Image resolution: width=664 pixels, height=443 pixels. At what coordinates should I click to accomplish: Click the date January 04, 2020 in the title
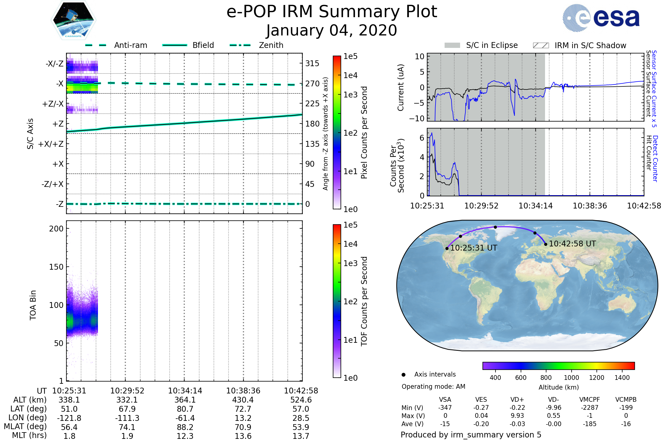pyautogui.click(x=332, y=30)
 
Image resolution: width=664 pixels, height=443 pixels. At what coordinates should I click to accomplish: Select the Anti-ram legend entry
pyautogui.click(x=130, y=45)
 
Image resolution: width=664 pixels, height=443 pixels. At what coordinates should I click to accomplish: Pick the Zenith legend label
pyautogui.click(x=271, y=45)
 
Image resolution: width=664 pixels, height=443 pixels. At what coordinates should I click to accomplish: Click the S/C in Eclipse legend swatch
pyautogui.click(x=452, y=45)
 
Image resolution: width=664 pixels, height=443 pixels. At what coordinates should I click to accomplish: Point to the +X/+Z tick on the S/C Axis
pyautogui.click(x=51, y=144)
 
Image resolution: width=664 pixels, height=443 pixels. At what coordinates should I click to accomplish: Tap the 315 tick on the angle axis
pyautogui.click(x=312, y=63)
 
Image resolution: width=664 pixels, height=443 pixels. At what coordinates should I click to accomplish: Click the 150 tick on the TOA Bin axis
pyautogui.click(x=56, y=267)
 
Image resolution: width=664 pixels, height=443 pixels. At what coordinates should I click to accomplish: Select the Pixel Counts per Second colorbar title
pyautogui.click(x=364, y=133)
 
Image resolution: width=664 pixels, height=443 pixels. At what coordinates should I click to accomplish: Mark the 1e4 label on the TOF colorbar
pyautogui.click(x=350, y=244)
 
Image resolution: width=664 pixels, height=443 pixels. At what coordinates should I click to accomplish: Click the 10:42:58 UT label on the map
pyautogui.click(x=572, y=244)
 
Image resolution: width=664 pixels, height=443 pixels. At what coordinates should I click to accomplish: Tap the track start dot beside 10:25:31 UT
pyautogui.click(x=447, y=249)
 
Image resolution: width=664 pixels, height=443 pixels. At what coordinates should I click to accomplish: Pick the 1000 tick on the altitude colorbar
pyautogui.click(x=571, y=378)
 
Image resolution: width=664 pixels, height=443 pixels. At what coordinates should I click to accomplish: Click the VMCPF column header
pyautogui.click(x=590, y=400)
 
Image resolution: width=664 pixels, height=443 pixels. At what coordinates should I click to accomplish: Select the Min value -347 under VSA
pyautogui.click(x=445, y=408)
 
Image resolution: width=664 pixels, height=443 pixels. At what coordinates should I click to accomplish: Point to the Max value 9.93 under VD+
pyautogui.click(x=517, y=416)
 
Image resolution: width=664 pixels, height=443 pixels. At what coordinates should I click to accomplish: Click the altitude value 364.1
pyautogui.click(x=185, y=400)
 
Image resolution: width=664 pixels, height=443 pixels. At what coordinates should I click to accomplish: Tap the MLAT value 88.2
pyautogui.click(x=185, y=427)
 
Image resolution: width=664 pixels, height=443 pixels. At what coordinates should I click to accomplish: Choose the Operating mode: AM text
pyautogui.click(x=433, y=387)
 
